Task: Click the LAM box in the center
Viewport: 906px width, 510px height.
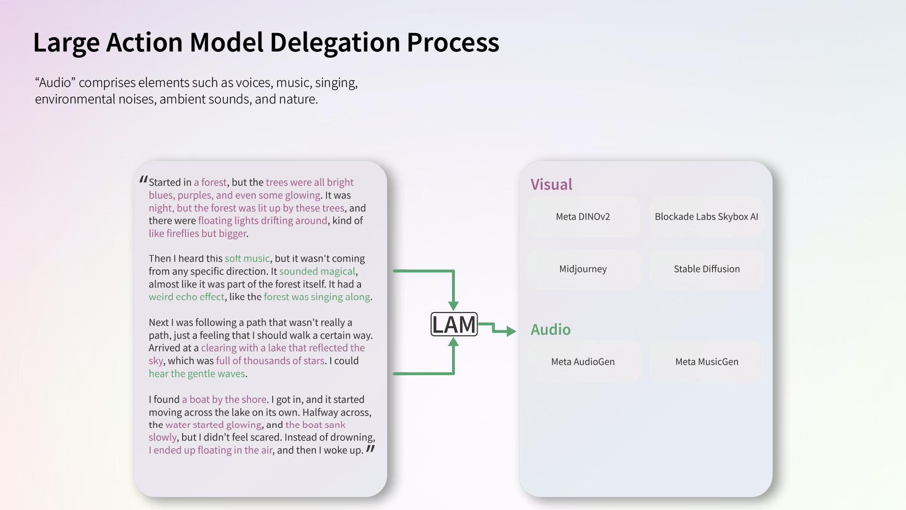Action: pos(454,324)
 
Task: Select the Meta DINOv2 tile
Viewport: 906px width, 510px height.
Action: pos(583,217)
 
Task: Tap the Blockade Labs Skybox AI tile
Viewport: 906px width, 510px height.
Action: pos(706,217)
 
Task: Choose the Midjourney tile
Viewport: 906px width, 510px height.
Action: pos(583,269)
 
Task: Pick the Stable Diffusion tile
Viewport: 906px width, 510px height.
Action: pos(706,269)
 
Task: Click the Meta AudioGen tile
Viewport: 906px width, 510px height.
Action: pos(583,362)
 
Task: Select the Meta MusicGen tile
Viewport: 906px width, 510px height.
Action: pos(706,362)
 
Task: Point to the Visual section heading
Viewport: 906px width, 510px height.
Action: pos(551,185)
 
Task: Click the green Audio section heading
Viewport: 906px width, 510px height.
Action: pos(550,330)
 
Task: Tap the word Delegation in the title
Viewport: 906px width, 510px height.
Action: pos(335,42)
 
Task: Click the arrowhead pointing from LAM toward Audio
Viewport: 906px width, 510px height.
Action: pos(511,331)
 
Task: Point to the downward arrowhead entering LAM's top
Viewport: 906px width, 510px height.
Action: pos(453,306)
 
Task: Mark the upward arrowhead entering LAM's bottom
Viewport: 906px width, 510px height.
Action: pos(453,343)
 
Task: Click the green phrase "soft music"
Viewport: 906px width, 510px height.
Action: pos(247,259)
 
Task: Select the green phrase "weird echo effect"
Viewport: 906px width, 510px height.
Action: pos(186,297)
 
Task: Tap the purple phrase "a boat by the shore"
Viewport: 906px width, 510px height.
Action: pos(224,399)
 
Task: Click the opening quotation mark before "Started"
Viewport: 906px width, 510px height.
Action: pos(143,180)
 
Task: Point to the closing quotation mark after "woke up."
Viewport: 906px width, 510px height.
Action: pos(370,449)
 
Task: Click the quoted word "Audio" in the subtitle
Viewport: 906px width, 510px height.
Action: pos(55,83)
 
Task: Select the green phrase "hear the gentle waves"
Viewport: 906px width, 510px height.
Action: pos(197,374)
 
